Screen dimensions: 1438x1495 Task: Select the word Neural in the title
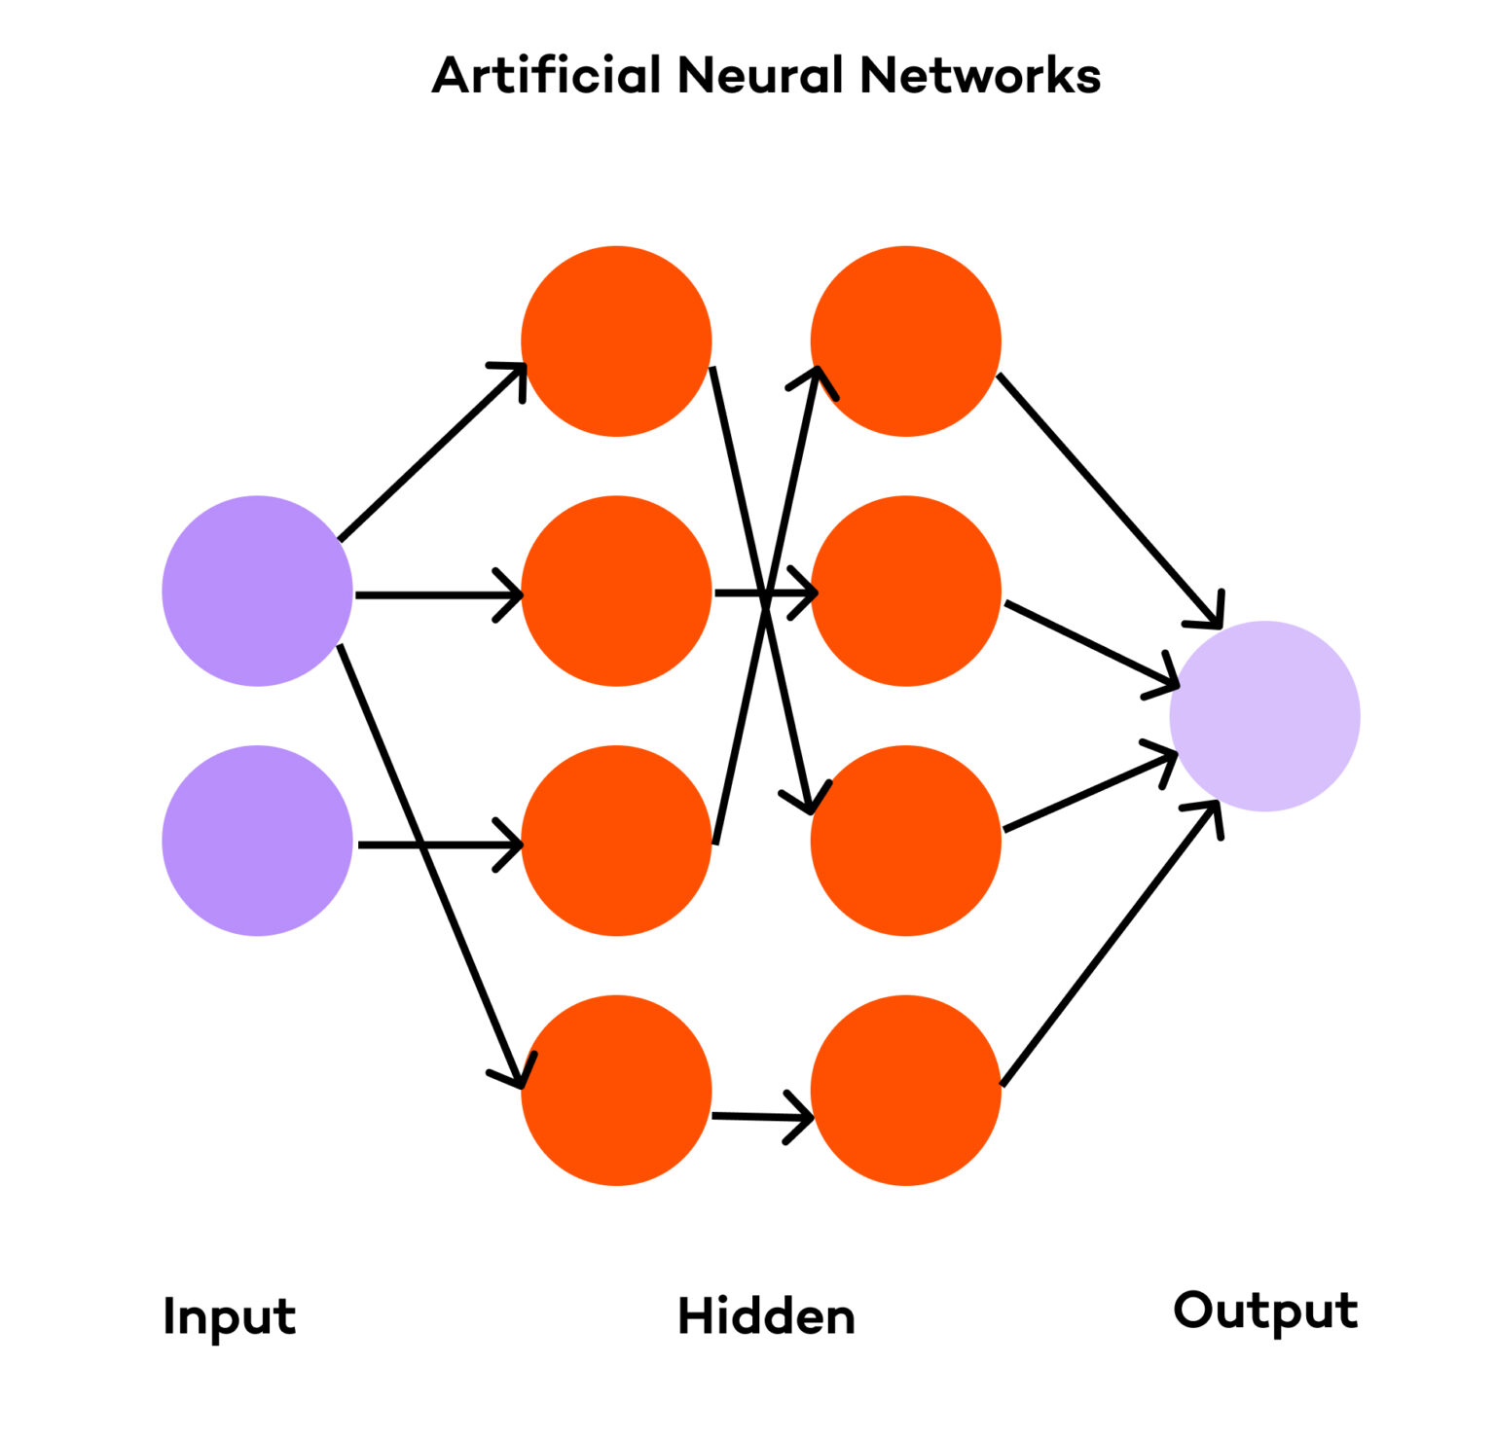click(760, 76)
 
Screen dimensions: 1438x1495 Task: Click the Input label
click(229, 1317)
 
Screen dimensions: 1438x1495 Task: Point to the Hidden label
click(766, 1316)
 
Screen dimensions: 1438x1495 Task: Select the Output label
click(1264, 1312)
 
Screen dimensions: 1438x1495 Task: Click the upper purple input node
click(257, 591)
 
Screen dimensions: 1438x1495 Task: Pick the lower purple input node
click(257, 841)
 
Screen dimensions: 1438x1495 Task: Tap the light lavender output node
click(1264, 716)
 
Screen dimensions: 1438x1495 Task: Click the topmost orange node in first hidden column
click(616, 341)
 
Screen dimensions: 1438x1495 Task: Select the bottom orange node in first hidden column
click(616, 1090)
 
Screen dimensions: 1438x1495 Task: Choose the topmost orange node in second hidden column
click(905, 341)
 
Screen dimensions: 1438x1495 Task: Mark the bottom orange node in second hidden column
click(905, 1090)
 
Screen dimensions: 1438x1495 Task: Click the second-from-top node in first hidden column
click(616, 591)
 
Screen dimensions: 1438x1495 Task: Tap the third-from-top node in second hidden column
click(905, 841)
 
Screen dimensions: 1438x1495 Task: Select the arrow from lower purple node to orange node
click(438, 845)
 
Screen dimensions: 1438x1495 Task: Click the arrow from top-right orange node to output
click(1110, 500)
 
